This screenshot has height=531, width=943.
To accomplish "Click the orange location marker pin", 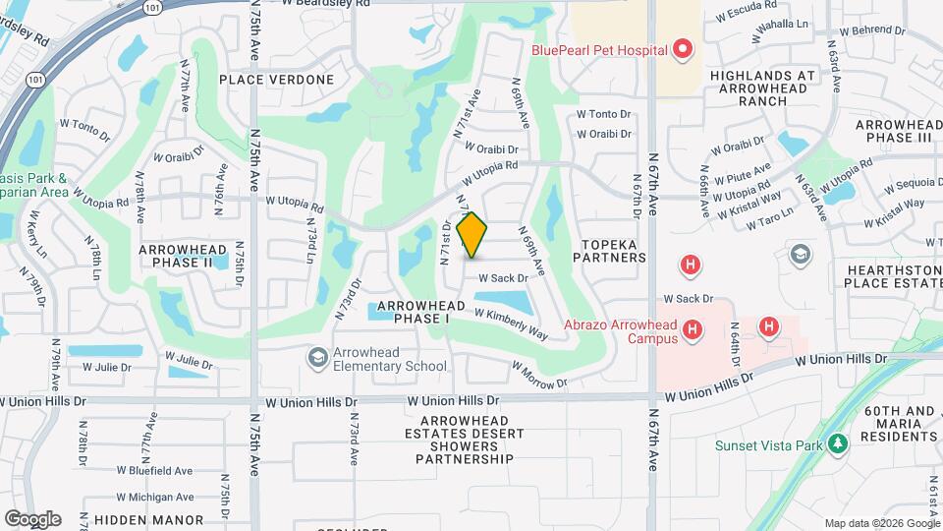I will [472, 235].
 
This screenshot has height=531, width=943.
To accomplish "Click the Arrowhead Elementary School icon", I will [317, 357].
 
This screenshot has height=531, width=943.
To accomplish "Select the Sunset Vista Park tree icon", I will [837, 445].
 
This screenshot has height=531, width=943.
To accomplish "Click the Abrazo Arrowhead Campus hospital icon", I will [693, 330].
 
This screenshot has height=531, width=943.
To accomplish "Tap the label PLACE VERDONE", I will [276, 79].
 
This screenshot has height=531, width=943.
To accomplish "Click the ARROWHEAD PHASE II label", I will [183, 257].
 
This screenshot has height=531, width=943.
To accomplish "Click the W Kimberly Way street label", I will [511, 324].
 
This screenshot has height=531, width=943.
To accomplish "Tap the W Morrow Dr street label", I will [539, 373].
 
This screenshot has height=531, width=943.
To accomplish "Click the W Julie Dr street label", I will [106, 367].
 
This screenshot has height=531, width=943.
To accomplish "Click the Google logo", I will [32, 518].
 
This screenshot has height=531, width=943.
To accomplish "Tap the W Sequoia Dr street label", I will [913, 186].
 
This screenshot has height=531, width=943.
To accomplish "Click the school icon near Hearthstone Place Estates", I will [801, 255].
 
